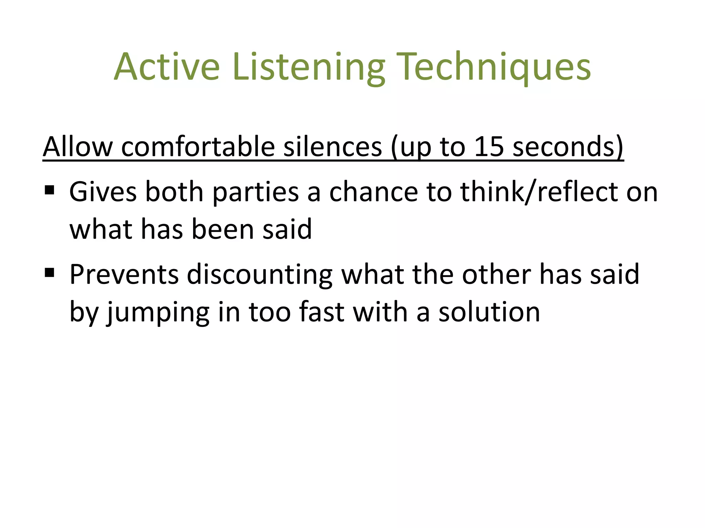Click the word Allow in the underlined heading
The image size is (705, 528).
point(78,147)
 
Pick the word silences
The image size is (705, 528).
point(333,147)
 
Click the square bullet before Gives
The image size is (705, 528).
point(50,190)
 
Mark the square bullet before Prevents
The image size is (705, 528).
point(50,273)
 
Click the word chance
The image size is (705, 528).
point(373,192)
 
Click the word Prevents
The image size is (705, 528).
point(124,274)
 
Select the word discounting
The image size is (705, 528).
point(260,275)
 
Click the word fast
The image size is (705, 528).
point(322,312)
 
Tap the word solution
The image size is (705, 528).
point(489,312)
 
